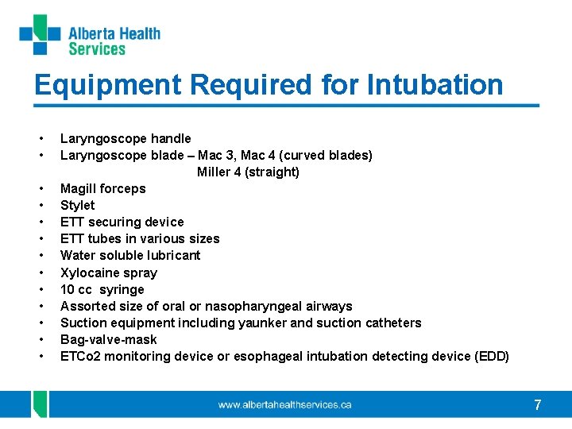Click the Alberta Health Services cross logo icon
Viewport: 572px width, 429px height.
[x=40, y=35]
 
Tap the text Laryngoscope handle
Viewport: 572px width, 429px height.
[x=126, y=138]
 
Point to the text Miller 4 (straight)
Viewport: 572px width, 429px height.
[x=248, y=172]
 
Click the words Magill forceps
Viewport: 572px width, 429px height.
[x=103, y=188]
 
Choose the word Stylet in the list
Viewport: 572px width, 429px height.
[x=77, y=205]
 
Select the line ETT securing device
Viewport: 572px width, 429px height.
[x=122, y=222]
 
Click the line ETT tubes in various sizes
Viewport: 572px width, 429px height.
[x=140, y=238]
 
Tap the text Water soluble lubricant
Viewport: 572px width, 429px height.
[x=130, y=255]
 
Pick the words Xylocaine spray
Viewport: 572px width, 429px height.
[x=109, y=272]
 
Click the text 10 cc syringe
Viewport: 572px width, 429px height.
[x=102, y=289]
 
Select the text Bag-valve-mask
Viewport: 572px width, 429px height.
[x=109, y=339]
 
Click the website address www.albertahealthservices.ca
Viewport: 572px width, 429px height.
[x=284, y=405]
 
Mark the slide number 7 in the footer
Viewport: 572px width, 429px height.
[x=538, y=405]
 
